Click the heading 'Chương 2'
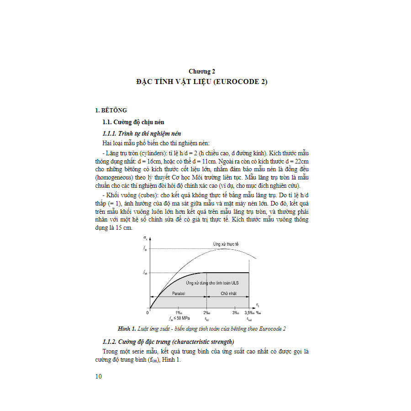(x=201, y=71)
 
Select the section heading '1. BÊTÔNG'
(x=111, y=110)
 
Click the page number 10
(x=99, y=376)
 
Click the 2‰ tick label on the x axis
(x=207, y=313)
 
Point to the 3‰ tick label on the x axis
(x=236, y=313)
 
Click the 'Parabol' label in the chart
(x=178, y=294)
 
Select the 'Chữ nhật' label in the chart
(x=228, y=294)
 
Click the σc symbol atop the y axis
(x=145, y=237)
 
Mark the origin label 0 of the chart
(x=147, y=313)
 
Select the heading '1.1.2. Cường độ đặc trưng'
(x=168, y=342)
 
